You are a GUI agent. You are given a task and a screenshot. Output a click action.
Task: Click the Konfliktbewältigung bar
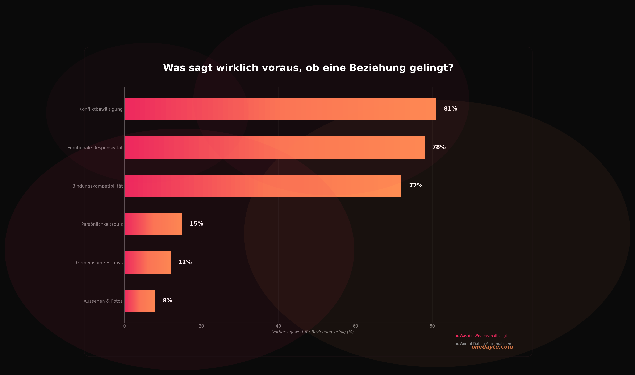280,109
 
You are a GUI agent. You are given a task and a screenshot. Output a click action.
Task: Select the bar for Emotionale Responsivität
274,148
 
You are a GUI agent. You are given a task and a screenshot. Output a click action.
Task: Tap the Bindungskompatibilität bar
263,186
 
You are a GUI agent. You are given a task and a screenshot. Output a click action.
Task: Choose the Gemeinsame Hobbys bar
147,263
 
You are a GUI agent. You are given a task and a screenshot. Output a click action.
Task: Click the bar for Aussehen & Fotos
140,301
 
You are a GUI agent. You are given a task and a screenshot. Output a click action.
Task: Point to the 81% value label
450,109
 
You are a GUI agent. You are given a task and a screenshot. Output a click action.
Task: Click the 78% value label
439,147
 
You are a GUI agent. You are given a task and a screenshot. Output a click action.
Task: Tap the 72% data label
416,186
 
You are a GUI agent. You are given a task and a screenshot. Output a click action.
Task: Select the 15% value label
196,224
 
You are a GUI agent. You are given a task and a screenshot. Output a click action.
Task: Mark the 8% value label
167,301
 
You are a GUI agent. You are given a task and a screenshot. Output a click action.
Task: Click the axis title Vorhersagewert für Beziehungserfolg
313,332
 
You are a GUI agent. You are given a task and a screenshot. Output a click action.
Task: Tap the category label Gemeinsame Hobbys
99,263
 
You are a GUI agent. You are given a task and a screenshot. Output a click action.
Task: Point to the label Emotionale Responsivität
95,148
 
